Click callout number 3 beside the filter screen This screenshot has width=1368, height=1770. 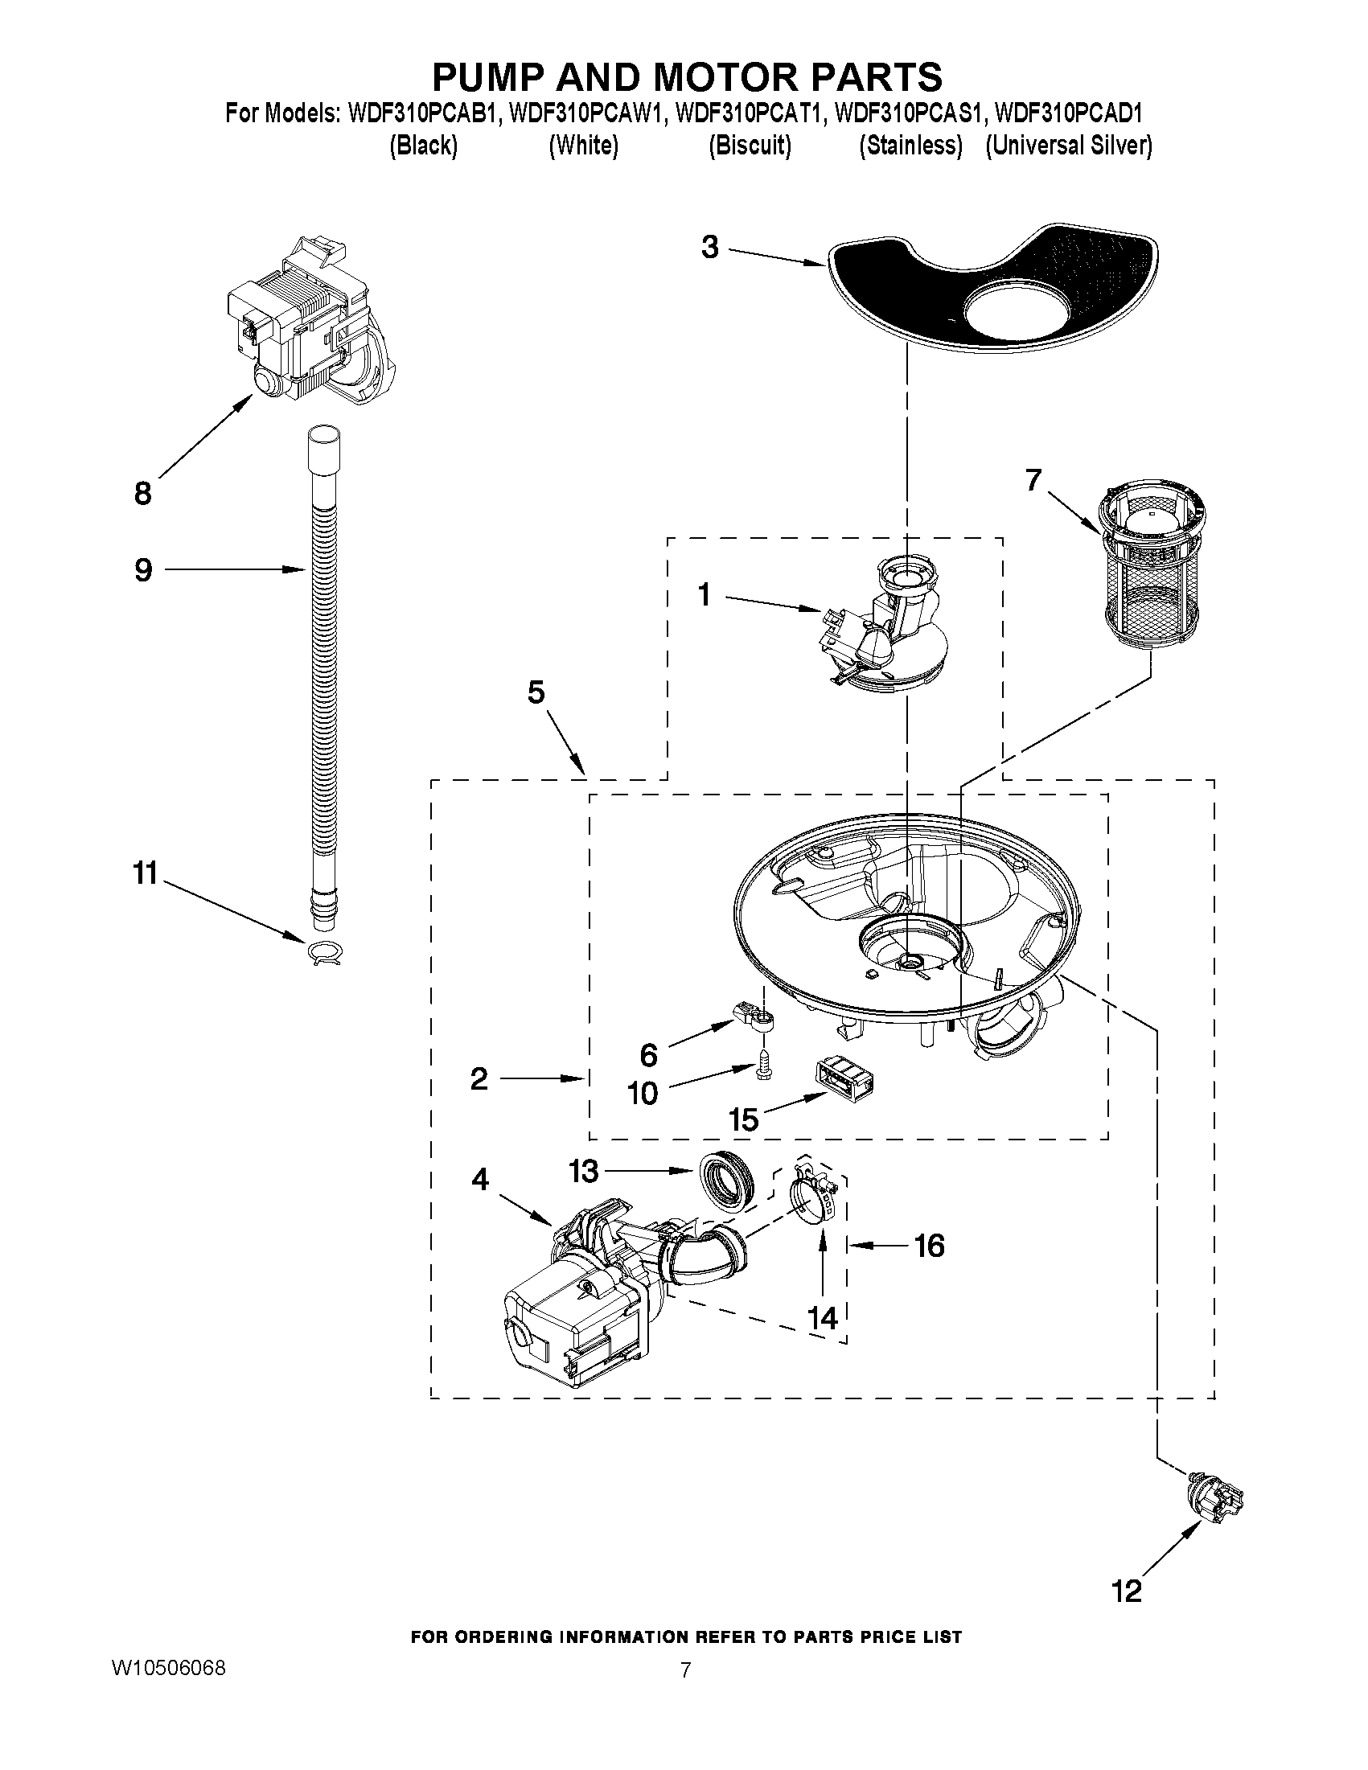710,247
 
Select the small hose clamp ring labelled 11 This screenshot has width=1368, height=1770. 324,953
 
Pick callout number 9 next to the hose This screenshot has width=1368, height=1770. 142,569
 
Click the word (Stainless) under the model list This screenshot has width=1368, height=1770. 911,145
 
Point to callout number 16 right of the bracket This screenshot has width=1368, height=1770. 929,1245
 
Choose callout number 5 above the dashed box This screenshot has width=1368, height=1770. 536,692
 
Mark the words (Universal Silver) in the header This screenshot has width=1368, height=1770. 1068,145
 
